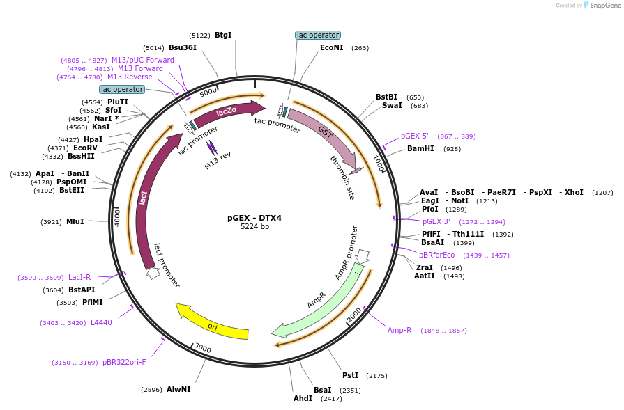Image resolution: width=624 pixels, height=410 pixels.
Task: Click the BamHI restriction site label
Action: (420, 148)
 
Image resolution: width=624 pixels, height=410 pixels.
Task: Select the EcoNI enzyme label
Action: (331, 47)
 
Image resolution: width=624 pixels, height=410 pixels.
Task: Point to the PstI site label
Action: (351, 375)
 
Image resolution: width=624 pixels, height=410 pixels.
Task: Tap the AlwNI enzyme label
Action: (178, 389)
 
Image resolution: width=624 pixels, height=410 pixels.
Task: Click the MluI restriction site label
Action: (75, 221)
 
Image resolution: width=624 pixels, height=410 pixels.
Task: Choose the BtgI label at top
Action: (223, 35)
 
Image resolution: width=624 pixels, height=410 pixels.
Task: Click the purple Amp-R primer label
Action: (399, 330)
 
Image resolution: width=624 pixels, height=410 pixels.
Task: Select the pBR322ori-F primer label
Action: (125, 363)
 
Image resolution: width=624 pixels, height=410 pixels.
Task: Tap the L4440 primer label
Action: (102, 322)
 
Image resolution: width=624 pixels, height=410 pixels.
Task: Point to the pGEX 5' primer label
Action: (415, 136)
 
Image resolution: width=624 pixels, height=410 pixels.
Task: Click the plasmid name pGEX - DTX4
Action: (254, 218)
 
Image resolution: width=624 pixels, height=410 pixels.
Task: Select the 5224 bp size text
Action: (254, 226)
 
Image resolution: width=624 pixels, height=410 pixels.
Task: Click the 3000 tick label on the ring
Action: (203, 349)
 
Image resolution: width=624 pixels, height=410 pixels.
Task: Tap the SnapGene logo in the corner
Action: (602, 5)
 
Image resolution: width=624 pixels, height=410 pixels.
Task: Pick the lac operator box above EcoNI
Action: (318, 35)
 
